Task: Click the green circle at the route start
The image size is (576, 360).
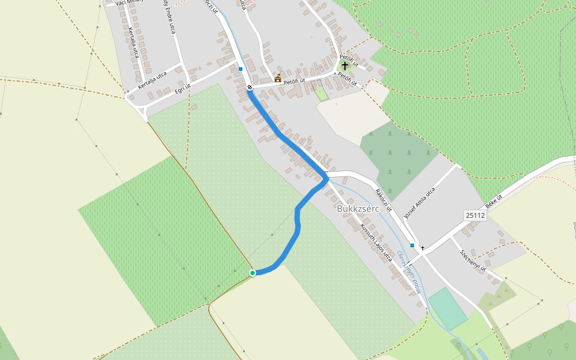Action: tap(253, 273)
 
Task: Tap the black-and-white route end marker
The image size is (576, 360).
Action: tap(250, 87)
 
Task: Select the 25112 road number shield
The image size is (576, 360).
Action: tap(475, 215)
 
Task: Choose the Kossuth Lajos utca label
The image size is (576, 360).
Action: tap(376, 243)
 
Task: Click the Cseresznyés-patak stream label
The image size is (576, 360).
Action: tap(410, 272)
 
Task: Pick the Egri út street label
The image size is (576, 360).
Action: tap(182, 89)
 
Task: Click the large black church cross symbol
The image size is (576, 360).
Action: tap(345, 65)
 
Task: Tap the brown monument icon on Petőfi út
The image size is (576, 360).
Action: tap(278, 79)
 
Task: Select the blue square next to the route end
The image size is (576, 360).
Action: tap(241, 69)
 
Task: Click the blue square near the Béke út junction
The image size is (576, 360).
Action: tap(412, 245)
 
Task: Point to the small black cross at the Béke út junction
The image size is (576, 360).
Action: tap(422, 248)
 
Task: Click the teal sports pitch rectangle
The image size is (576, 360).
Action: tap(448, 308)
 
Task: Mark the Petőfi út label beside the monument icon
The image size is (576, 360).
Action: tap(295, 81)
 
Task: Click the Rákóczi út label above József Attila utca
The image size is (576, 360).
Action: tap(383, 200)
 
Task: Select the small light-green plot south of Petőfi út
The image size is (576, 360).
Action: tap(322, 94)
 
